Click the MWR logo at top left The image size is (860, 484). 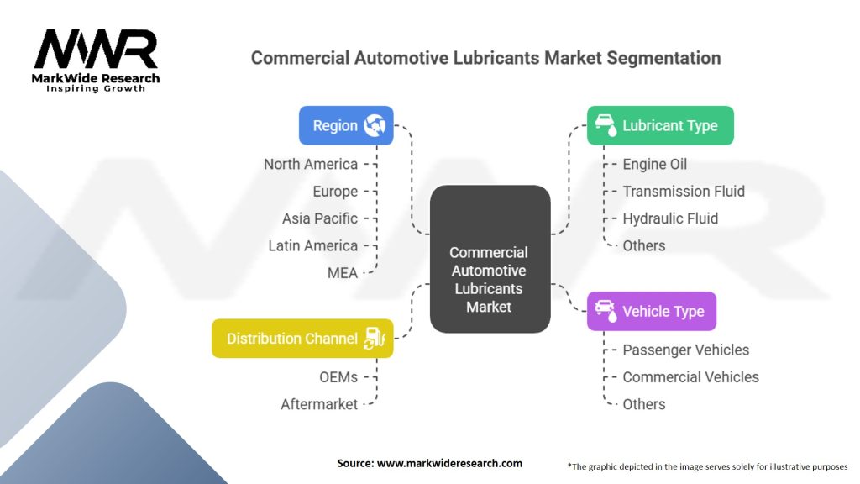[x=96, y=60]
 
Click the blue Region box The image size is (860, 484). [x=346, y=126]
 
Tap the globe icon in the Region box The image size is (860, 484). [x=375, y=126]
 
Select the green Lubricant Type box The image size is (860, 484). [x=660, y=126]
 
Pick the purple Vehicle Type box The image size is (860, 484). [x=652, y=311]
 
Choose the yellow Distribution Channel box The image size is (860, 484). [x=302, y=339]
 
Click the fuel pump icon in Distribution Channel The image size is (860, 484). [x=375, y=339]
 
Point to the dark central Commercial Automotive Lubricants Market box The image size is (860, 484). [x=490, y=259]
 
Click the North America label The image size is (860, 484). [x=311, y=164]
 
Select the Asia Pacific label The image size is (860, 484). [x=320, y=218]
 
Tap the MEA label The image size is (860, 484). [x=343, y=273]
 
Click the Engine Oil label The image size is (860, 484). [x=654, y=164]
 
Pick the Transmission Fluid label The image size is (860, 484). [x=684, y=191]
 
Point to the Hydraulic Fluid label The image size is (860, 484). [x=670, y=218]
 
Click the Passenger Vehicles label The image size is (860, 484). [x=685, y=350]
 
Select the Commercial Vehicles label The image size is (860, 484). [x=690, y=377]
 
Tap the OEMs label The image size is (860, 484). [x=338, y=377]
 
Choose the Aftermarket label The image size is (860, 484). [x=319, y=404]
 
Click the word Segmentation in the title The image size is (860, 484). [x=663, y=58]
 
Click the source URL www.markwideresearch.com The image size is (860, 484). [x=450, y=463]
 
